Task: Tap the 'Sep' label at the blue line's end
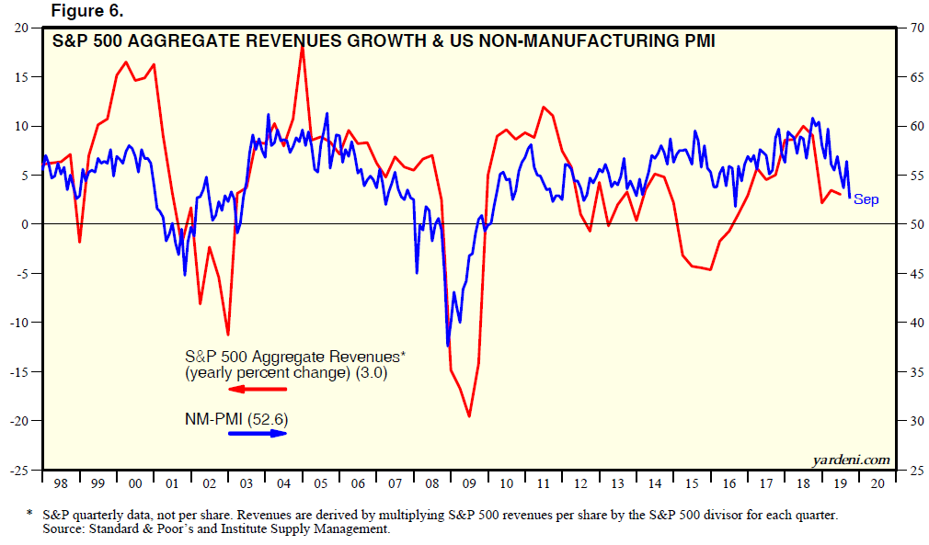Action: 866,199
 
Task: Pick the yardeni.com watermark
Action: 852,459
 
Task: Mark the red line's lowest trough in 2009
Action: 469,416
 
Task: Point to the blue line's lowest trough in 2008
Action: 448,346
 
